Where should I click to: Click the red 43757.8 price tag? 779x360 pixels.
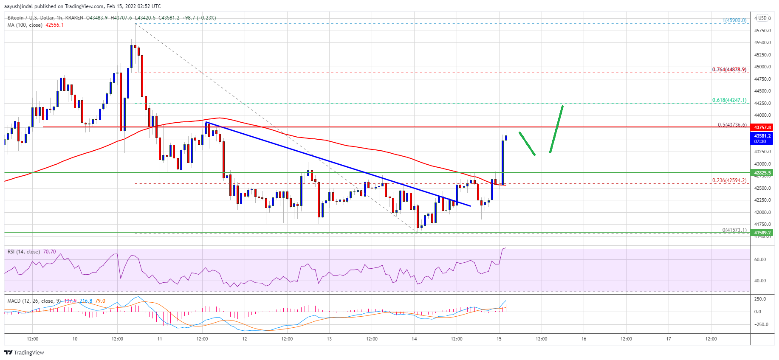pyautogui.click(x=762, y=127)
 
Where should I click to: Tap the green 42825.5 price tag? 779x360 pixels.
pyautogui.click(x=762, y=173)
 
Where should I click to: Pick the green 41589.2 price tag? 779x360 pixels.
pyautogui.click(x=762, y=233)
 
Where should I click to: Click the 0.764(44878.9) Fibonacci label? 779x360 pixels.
pyautogui.click(x=729, y=70)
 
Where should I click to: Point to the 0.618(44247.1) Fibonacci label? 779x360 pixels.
pyautogui.click(x=729, y=100)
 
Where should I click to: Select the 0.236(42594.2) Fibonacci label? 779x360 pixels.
pyautogui.click(x=729, y=180)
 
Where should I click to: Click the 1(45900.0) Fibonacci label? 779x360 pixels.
pyautogui.click(x=734, y=20)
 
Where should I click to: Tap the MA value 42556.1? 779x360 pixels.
pyautogui.click(x=54, y=25)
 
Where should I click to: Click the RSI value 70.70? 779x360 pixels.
pyautogui.click(x=49, y=252)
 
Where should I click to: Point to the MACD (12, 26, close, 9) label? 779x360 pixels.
pyautogui.click(x=34, y=301)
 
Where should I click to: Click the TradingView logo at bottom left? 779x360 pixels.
pyautogui.click(x=24, y=352)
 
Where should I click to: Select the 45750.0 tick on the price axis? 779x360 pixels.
pyautogui.click(x=762, y=31)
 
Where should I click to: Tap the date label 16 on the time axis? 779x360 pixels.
pyautogui.click(x=584, y=339)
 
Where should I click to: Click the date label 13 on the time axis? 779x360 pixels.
pyautogui.click(x=329, y=339)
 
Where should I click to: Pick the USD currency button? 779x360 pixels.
pyautogui.click(x=762, y=18)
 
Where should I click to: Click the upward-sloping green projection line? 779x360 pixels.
pyautogui.click(x=556, y=129)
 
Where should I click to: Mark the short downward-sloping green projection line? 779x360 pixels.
pyautogui.click(x=527, y=143)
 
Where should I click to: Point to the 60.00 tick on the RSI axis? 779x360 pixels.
pyautogui.click(x=760, y=259)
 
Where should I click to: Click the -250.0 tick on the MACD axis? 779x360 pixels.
pyautogui.click(x=760, y=324)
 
